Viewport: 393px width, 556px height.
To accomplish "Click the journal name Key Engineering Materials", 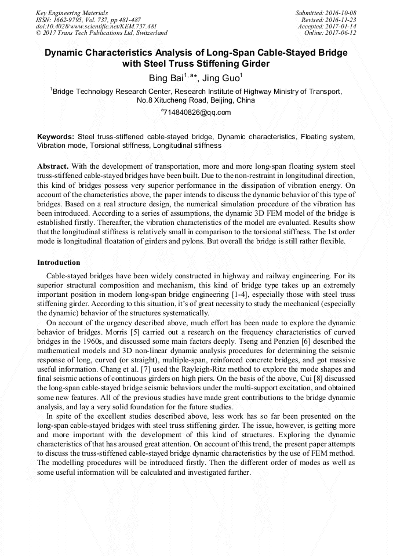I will (x=72, y=12).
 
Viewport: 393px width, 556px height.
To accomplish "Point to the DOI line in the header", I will (x=96, y=26).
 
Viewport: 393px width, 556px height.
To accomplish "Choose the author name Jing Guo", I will (x=221, y=77).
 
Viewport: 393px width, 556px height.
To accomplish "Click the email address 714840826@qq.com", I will (x=197, y=112).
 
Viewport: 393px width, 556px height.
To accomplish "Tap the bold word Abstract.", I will (x=53, y=166).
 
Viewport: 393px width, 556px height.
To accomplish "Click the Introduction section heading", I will (x=59, y=263).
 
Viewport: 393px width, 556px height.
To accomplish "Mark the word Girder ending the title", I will (x=255, y=63).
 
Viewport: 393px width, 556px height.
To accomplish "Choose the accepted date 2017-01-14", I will (x=340, y=26).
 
